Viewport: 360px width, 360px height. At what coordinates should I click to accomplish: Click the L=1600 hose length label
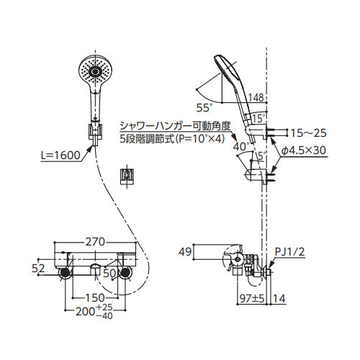pyautogui.click(x=60, y=156)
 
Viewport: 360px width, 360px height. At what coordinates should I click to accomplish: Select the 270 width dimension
pyautogui.click(x=95, y=242)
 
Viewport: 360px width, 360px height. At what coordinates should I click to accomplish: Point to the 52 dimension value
pyautogui.click(x=38, y=269)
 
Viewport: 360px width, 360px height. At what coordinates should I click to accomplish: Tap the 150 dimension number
pyautogui.click(x=95, y=298)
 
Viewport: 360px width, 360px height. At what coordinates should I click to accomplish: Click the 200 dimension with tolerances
pyautogui.click(x=94, y=312)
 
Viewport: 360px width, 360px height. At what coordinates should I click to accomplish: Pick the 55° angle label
pyautogui.click(x=204, y=108)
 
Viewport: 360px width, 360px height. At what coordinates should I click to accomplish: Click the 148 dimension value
pyautogui.click(x=256, y=98)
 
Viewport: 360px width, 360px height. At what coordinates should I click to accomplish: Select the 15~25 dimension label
pyautogui.click(x=308, y=132)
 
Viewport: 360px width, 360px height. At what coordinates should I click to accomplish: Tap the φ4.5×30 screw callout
pyautogui.click(x=304, y=150)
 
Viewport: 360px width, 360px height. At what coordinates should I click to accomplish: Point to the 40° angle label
pyautogui.click(x=242, y=146)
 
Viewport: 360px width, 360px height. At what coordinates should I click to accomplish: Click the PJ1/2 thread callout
pyautogui.click(x=289, y=252)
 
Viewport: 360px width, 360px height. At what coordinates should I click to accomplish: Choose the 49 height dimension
pyautogui.click(x=185, y=252)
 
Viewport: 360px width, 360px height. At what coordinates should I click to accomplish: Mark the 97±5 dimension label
pyautogui.click(x=252, y=299)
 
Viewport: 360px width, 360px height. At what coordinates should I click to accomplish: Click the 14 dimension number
pyautogui.click(x=279, y=299)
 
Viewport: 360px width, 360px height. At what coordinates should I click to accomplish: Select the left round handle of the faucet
pyautogui.click(x=66, y=273)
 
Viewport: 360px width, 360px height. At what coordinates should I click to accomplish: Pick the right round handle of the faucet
pyautogui.click(x=125, y=273)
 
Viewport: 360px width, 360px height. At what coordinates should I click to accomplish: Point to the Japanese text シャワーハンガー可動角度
pyautogui.click(x=176, y=126)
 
